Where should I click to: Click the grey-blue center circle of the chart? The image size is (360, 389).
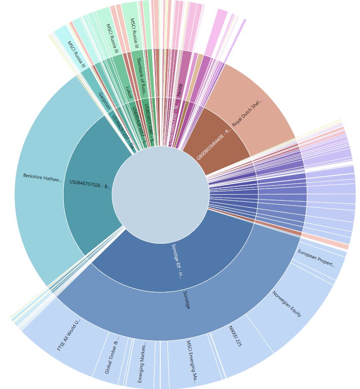(x=160, y=194)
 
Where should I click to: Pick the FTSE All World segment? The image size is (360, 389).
(x=68, y=336)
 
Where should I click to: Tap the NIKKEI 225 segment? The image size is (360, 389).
(x=235, y=336)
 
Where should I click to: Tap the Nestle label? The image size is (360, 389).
(x=180, y=90)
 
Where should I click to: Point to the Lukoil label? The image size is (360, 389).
(x=129, y=92)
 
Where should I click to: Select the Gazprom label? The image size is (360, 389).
(x=104, y=101)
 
